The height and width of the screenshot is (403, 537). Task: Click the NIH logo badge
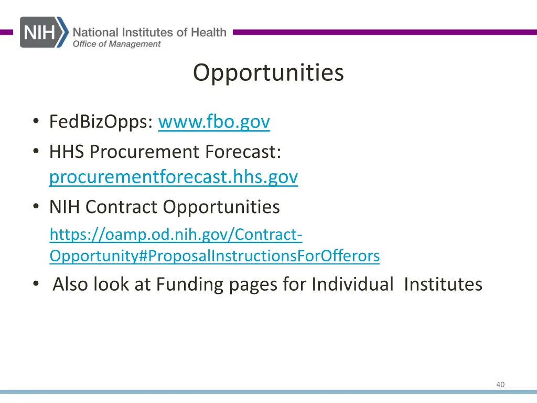tap(43, 32)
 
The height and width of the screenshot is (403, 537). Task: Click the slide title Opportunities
tap(268, 72)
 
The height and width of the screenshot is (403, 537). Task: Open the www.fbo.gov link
tap(213, 122)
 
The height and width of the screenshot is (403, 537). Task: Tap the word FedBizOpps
tap(101, 122)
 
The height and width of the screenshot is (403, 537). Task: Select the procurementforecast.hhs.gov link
tap(174, 177)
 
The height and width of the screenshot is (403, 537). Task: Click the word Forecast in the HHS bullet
tap(243, 152)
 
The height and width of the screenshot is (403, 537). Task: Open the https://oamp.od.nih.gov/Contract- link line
tap(176, 235)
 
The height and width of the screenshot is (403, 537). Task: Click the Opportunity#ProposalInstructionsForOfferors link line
tap(214, 256)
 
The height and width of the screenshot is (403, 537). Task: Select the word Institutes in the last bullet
tap(443, 284)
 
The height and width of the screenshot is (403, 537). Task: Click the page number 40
tap(500, 385)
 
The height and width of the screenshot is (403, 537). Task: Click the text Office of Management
tap(116, 44)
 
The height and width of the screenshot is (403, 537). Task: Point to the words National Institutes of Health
tap(149, 32)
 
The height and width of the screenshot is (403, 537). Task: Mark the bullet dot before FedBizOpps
tap(35, 122)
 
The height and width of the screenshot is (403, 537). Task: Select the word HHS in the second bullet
tap(67, 152)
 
